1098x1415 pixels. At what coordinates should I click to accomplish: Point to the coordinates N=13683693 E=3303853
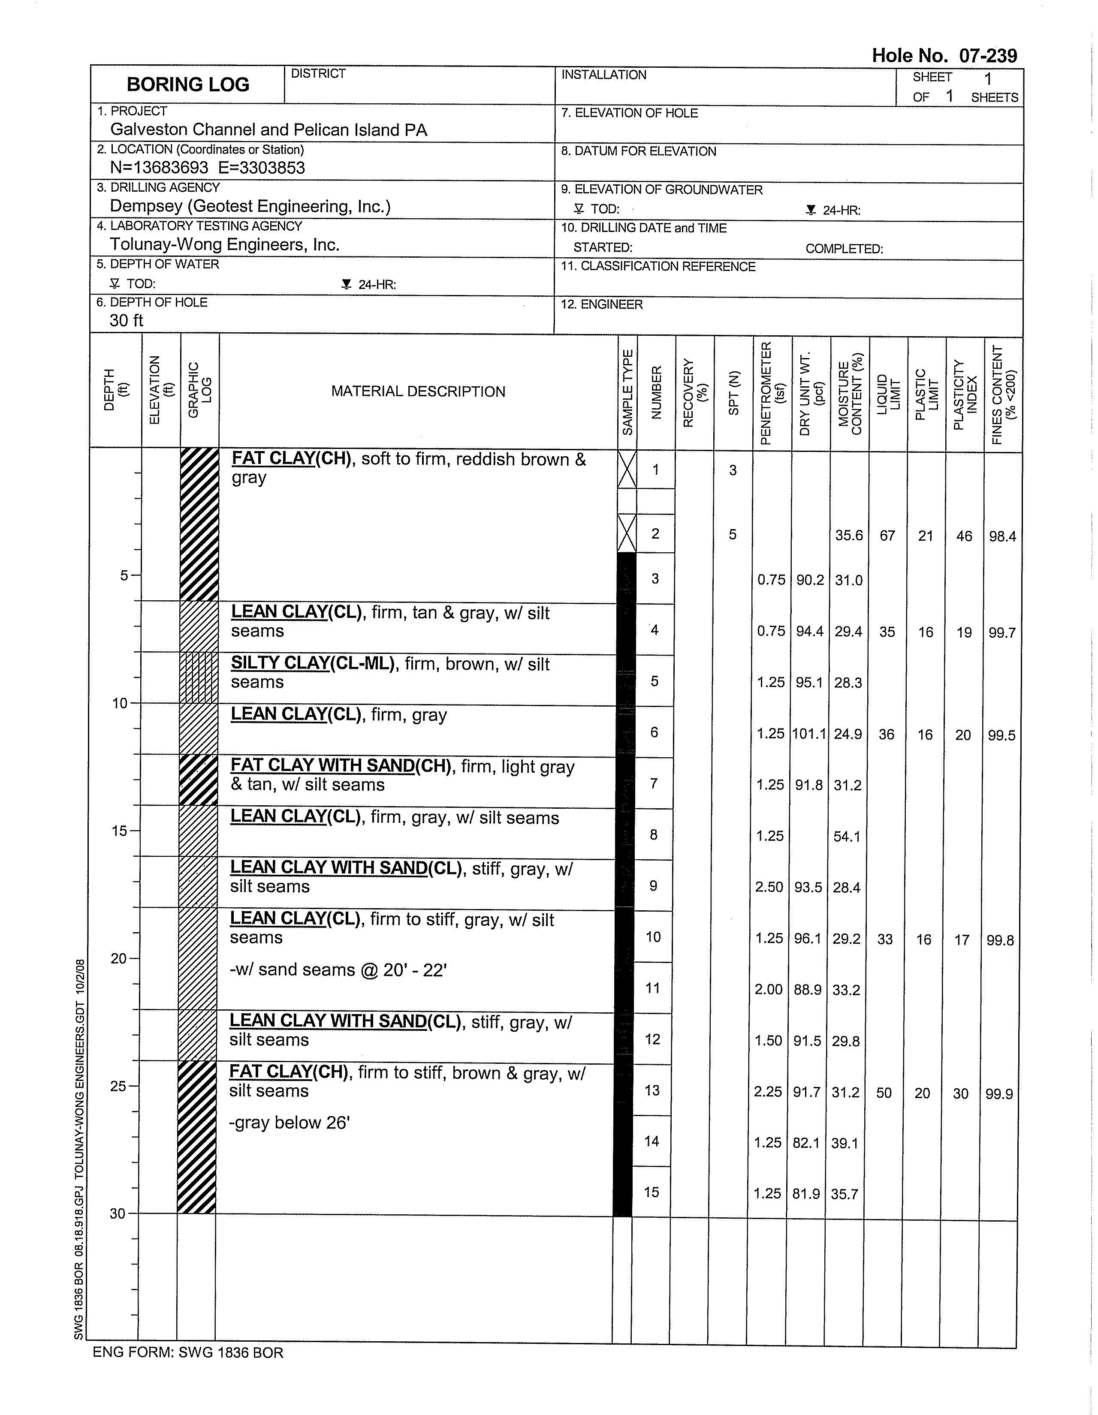(208, 168)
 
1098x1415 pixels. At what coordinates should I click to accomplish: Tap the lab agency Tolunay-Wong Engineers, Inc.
(224, 244)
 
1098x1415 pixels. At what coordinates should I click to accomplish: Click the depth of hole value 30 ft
(127, 320)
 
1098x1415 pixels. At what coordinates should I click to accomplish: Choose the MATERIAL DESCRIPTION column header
(418, 391)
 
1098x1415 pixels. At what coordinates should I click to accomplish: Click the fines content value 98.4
(1002, 536)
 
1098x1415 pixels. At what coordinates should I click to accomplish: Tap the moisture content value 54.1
(847, 837)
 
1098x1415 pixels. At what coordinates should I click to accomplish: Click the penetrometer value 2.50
(769, 887)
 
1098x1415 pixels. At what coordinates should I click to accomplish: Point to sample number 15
(652, 1192)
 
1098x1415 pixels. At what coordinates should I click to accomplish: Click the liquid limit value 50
(884, 1093)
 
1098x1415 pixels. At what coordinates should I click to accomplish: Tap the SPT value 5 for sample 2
(733, 535)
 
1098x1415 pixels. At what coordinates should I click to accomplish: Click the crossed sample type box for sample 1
(627, 470)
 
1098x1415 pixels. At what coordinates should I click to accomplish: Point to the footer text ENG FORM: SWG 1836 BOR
(188, 1352)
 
